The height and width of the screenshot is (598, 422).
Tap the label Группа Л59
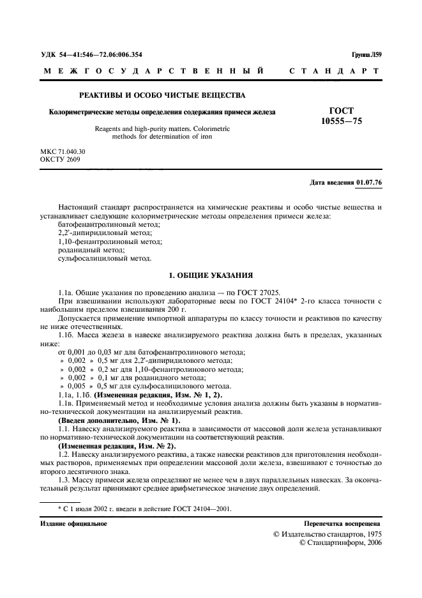click(x=366, y=54)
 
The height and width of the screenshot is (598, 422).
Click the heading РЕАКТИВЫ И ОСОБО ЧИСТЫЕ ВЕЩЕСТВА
click(x=162, y=95)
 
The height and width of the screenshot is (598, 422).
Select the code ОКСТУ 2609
click(x=60, y=159)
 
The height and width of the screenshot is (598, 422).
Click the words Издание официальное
click(x=73, y=523)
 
